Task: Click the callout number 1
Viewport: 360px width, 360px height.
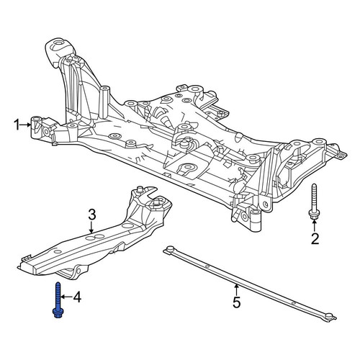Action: tap(17, 125)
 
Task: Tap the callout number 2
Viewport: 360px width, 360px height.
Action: tap(315, 239)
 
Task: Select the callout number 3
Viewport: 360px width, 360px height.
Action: tap(92, 215)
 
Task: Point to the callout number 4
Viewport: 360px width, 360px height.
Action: tap(77, 297)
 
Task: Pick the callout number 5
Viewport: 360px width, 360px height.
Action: tap(236, 302)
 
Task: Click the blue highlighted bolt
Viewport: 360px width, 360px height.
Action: tap(58, 300)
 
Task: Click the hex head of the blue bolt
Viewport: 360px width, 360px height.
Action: tap(58, 314)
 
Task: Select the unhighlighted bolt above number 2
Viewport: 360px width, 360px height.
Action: tap(313, 202)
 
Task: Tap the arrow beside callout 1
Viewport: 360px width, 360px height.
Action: tap(26, 125)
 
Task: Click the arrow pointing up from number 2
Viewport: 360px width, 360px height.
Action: tap(314, 225)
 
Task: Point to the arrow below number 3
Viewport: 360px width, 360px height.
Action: tap(91, 227)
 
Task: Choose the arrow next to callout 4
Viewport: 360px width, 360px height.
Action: tap(66, 297)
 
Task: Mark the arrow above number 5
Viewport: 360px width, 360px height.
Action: tap(236, 289)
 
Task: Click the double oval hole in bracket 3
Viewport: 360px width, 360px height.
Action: tap(96, 237)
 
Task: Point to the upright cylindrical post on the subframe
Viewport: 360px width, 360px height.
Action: tap(104, 102)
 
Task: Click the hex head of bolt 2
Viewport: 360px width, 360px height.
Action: tap(313, 215)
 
